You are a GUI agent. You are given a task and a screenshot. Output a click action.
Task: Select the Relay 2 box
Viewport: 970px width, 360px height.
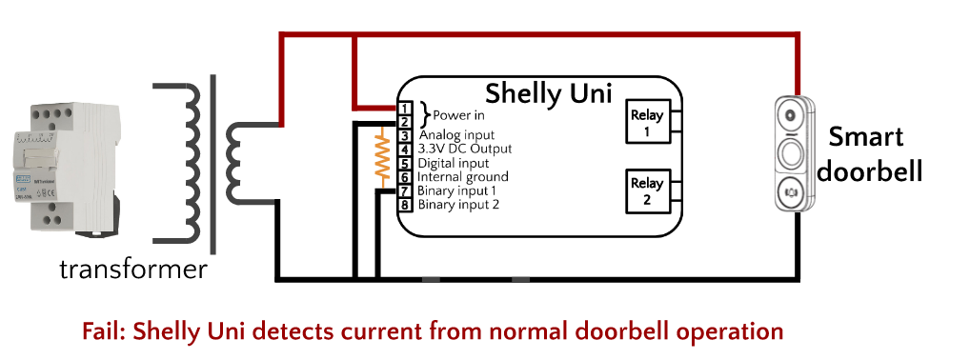click(646, 190)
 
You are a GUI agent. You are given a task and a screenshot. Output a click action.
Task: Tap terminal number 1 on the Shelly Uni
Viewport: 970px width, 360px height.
click(405, 108)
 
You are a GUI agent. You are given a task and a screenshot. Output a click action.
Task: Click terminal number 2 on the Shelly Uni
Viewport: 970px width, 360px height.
click(405, 122)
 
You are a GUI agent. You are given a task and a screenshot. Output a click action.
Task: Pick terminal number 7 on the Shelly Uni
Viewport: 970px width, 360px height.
click(405, 191)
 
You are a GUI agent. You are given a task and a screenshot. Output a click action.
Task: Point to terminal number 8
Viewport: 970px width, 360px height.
click(405, 205)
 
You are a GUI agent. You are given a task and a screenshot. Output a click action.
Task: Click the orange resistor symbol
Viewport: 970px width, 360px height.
click(382, 156)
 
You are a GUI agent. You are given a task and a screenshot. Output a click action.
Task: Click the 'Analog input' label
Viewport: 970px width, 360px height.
click(456, 136)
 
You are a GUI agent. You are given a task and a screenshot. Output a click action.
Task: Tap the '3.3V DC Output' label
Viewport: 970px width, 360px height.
click(464, 150)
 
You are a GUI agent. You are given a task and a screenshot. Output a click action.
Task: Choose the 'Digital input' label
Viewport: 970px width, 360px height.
click(453, 163)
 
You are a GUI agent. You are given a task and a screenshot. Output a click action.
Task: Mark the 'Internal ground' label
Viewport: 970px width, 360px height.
click(462, 177)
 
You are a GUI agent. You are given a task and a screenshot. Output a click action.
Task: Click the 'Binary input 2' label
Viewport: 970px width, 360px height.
click(458, 205)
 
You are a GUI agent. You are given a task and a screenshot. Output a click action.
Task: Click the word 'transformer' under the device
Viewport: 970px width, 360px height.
click(132, 270)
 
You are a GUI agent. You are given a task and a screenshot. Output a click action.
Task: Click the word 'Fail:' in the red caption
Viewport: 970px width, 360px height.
click(106, 331)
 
